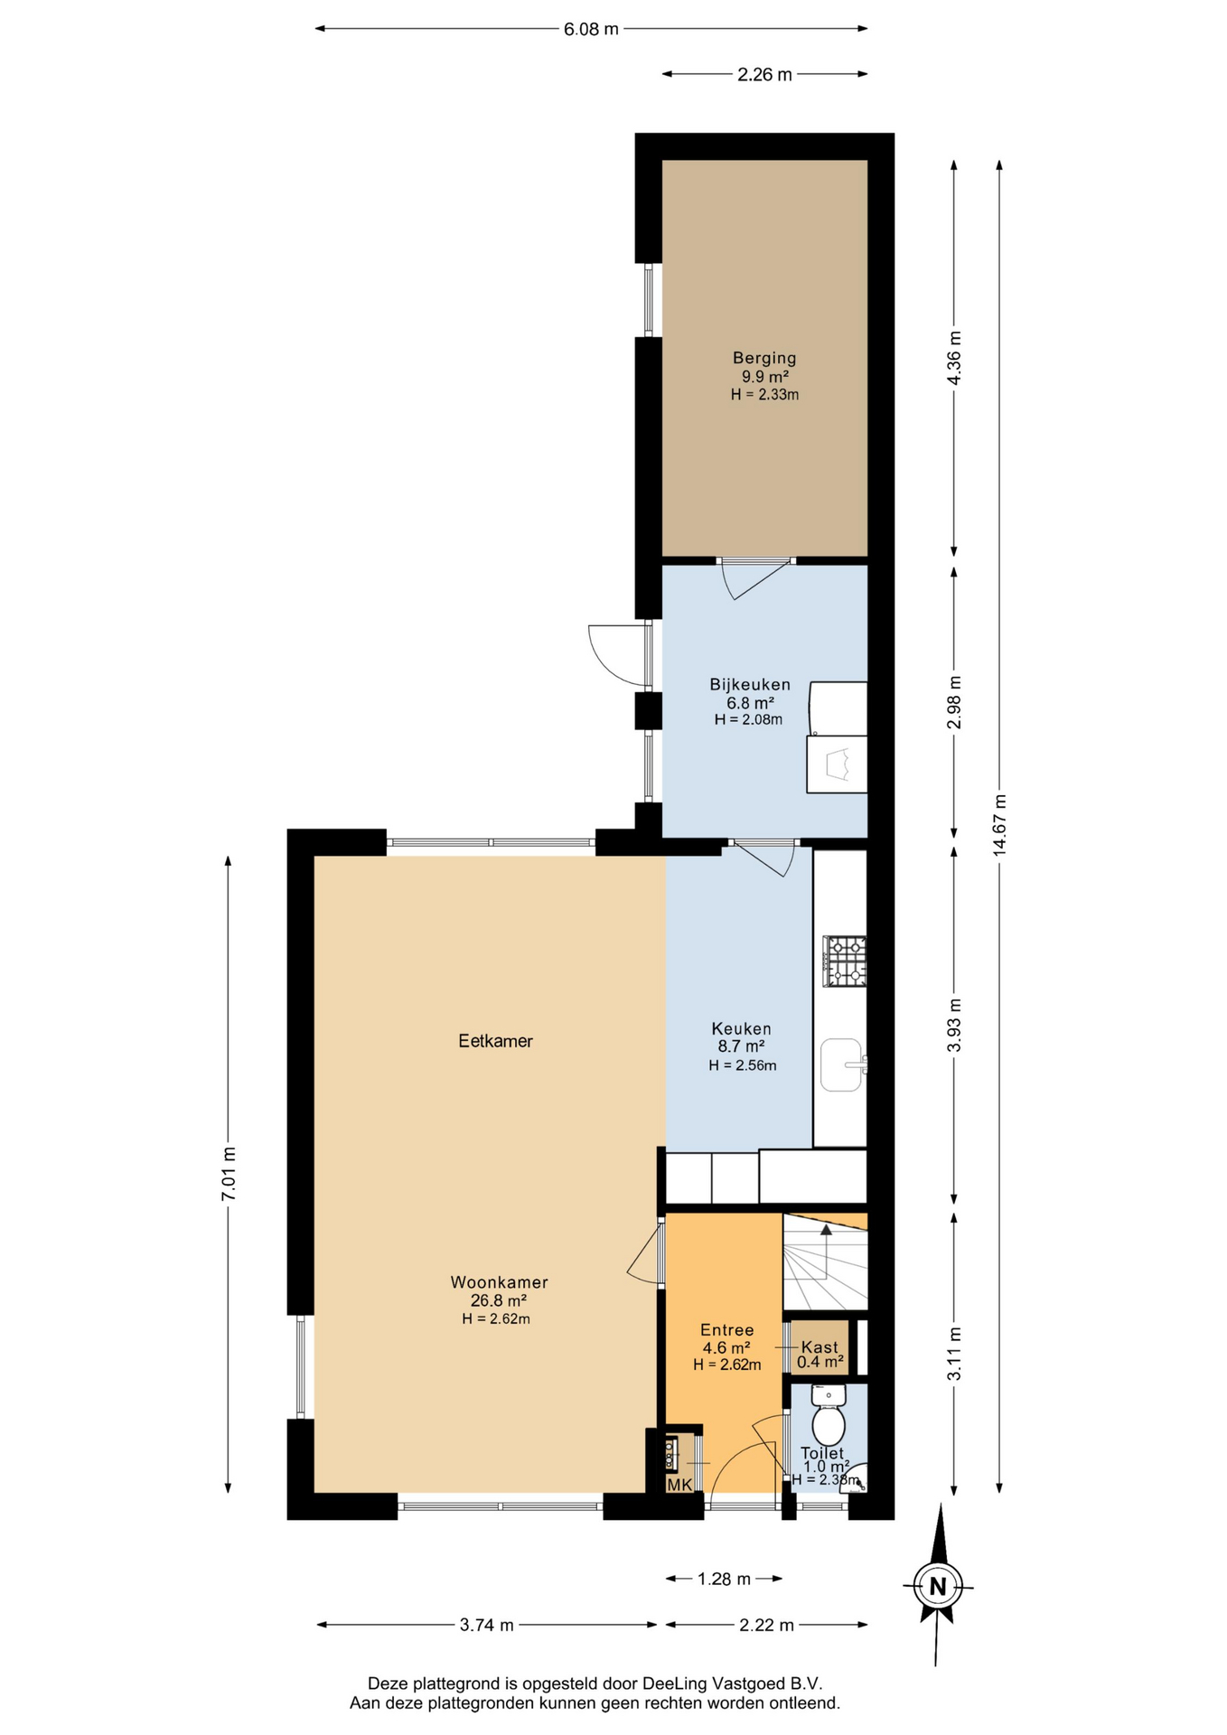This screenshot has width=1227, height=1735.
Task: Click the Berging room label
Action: (x=764, y=358)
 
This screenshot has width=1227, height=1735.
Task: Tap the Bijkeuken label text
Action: (x=750, y=685)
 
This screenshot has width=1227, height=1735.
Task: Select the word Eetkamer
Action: (x=496, y=1041)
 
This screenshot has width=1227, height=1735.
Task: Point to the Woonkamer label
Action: (x=499, y=1282)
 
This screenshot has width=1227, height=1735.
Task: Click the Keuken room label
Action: (x=742, y=1028)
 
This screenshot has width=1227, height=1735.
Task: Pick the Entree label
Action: (x=727, y=1330)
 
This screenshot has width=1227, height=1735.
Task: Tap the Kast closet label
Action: (x=820, y=1347)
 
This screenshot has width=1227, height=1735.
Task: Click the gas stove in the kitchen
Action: (x=844, y=961)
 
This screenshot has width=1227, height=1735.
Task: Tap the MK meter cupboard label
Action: (x=679, y=1485)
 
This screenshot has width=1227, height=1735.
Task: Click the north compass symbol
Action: (x=938, y=1586)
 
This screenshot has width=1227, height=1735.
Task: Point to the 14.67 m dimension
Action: (x=999, y=826)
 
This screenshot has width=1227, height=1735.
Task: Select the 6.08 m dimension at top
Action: (x=592, y=29)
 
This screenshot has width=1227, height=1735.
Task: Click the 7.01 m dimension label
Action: (x=229, y=1174)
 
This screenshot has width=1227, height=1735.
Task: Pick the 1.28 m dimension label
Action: (x=724, y=1579)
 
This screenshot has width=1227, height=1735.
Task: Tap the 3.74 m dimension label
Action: (x=487, y=1625)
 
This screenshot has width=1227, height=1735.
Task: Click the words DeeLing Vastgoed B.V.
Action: (x=733, y=1683)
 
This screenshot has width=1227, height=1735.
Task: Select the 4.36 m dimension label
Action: (x=954, y=358)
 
